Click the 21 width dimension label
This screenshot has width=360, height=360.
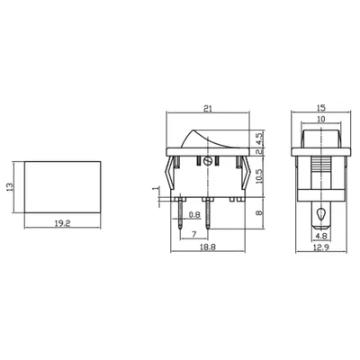pyautogui.click(x=208, y=108)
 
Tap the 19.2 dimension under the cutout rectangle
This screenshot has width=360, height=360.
pyautogui.click(x=62, y=223)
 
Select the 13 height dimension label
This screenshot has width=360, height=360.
pyautogui.click(x=10, y=187)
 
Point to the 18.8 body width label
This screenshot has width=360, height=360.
pyautogui.click(x=208, y=247)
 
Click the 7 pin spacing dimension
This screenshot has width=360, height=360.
pyautogui.click(x=193, y=234)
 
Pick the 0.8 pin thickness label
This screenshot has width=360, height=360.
pyautogui.click(x=194, y=215)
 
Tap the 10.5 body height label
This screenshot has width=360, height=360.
pyautogui.click(x=259, y=175)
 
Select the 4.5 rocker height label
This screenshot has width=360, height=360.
pyautogui.click(x=259, y=139)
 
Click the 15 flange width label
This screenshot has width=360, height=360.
pyautogui.click(x=320, y=108)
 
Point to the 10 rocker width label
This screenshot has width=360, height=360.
pyautogui.click(x=320, y=119)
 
